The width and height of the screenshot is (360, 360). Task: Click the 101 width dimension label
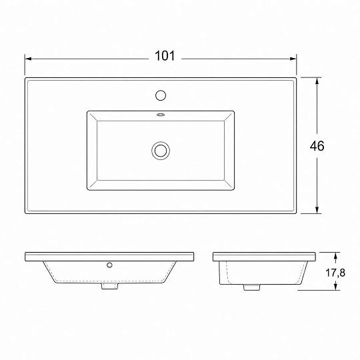point(165,56)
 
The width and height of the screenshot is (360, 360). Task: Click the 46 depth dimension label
point(317,146)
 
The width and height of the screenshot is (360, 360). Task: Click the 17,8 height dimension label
point(335,273)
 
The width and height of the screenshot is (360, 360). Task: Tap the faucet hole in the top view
point(161,95)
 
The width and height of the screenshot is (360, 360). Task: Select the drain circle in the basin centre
point(161,151)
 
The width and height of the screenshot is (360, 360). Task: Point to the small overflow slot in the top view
point(161,115)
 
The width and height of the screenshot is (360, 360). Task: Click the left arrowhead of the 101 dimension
point(28,59)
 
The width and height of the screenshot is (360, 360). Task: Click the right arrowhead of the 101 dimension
point(293,59)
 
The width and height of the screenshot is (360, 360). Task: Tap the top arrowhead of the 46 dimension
point(317,81)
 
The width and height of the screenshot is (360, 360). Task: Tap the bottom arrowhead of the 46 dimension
point(317,210)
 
